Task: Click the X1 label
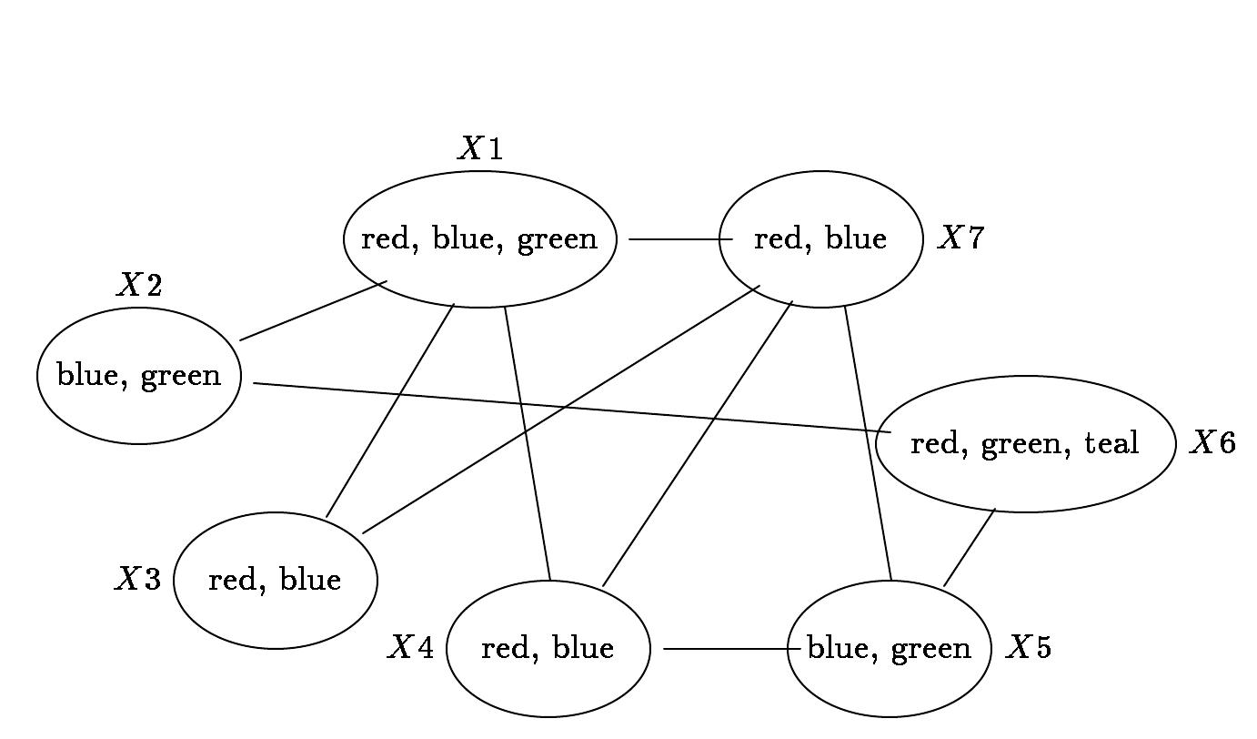coord(480,148)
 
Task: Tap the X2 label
coord(139,284)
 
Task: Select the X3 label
coord(138,579)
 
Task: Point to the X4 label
coord(411,646)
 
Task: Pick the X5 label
coord(1028,646)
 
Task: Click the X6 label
coord(1212,442)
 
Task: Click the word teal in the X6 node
coord(1111,442)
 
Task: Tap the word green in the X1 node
coord(557,240)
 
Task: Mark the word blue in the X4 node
coord(584,647)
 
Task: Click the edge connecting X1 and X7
coord(680,239)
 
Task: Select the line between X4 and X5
coord(732,649)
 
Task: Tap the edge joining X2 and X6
coord(572,409)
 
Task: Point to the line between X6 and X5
coord(970,548)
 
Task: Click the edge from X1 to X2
coord(313,310)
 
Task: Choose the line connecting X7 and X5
coord(868,443)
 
